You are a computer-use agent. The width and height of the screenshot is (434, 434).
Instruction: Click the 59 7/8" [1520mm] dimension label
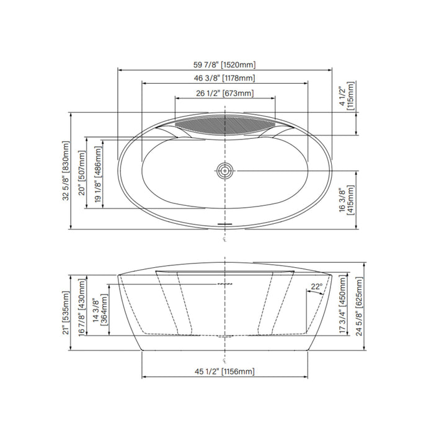(x=224, y=64)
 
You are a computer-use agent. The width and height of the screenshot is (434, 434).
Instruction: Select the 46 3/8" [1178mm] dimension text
(x=224, y=78)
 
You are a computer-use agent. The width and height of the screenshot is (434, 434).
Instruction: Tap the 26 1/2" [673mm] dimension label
(x=224, y=93)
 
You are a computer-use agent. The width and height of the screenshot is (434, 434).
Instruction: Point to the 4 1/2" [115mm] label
(x=347, y=95)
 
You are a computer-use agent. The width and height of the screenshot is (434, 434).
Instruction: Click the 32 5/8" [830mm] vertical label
(x=66, y=170)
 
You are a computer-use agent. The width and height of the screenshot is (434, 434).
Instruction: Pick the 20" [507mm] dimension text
(x=82, y=173)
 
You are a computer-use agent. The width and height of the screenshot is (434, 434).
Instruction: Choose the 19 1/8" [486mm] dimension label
(x=98, y=175)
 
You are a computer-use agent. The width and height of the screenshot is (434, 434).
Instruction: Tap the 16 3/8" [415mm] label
(x=347, y=200)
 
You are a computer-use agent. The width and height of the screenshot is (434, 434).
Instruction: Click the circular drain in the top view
(x=224, y=170)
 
